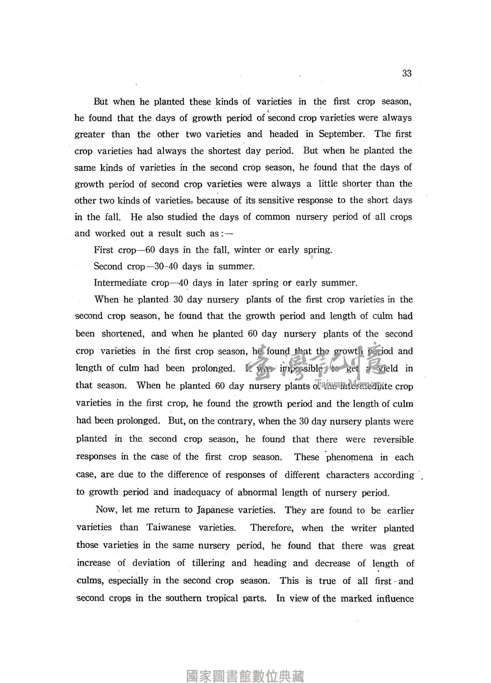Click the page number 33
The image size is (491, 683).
pos(407,73)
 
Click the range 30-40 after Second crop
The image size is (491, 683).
pos(166,266)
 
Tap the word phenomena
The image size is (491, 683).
pos(349,457)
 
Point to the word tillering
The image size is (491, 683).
pos(208,563)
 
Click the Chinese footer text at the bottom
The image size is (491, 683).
pos(245,676)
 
